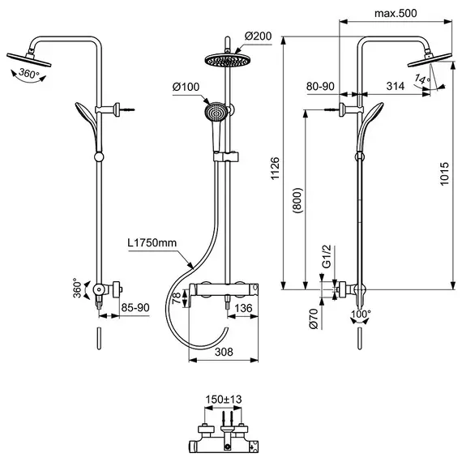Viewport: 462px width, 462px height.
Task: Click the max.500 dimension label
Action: [x=396, y=13]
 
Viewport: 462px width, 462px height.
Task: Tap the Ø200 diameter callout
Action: [x=258, y=36]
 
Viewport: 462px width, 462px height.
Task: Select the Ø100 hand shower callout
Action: [x=186, y=87]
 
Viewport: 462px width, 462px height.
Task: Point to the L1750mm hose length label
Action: [x=152, y=243]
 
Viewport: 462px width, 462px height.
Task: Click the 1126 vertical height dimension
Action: [x=275, y=169]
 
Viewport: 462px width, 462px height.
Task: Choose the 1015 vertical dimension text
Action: [x=444, y=173]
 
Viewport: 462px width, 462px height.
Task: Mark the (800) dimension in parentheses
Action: [x=297, y=200]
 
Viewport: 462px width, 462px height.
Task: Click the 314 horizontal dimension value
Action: [x=396, y=86]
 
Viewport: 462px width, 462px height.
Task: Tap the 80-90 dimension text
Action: [x=320, y=86]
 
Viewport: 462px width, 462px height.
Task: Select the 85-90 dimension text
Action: [x=135, y=308]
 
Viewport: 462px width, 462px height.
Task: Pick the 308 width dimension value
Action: [x=224, y=352]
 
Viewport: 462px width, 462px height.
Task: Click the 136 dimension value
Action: [x=243, y=308]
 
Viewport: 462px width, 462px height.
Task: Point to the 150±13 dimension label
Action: [x=224, y=400]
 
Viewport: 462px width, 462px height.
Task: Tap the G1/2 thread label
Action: [x=327, y=256]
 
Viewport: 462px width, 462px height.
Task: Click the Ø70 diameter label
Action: [x=314, y=319]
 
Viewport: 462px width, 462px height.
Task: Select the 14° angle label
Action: [x=422, y=79]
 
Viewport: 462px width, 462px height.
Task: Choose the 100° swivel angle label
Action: [x=361, y=314]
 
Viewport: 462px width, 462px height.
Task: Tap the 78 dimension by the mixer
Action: [x=176, y=298]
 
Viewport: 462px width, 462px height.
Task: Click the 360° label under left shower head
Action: [x=29, y=73]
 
